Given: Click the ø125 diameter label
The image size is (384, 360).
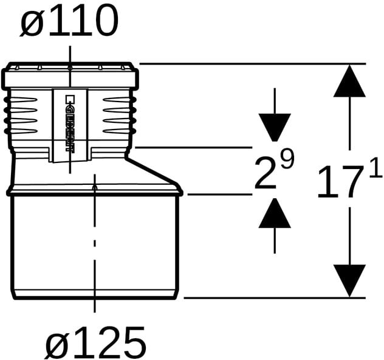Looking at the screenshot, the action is [x=96, y=342].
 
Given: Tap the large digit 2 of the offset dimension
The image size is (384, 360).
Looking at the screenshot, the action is [x=266, y=174].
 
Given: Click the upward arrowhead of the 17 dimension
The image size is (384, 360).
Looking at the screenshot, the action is [x=349, y=81].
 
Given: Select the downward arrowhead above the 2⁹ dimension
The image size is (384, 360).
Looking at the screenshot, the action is [x=275, y=128].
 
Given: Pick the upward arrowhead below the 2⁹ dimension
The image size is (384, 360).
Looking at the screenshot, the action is [x=275, y=213].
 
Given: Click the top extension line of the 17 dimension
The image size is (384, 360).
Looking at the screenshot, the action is [x=253, y=64].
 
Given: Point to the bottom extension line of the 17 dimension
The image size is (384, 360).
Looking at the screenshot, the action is [x=275, y=298].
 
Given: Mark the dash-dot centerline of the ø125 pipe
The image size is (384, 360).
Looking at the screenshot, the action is [x=95, y=243].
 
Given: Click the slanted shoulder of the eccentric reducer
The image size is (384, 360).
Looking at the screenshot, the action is [x=153, y=171].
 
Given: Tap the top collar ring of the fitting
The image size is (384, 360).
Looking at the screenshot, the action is [x=70, y=78].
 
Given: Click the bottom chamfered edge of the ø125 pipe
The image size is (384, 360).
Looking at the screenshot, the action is [x=95, y=294].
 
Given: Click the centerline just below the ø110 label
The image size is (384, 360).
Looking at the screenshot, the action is [x=70, y=66].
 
